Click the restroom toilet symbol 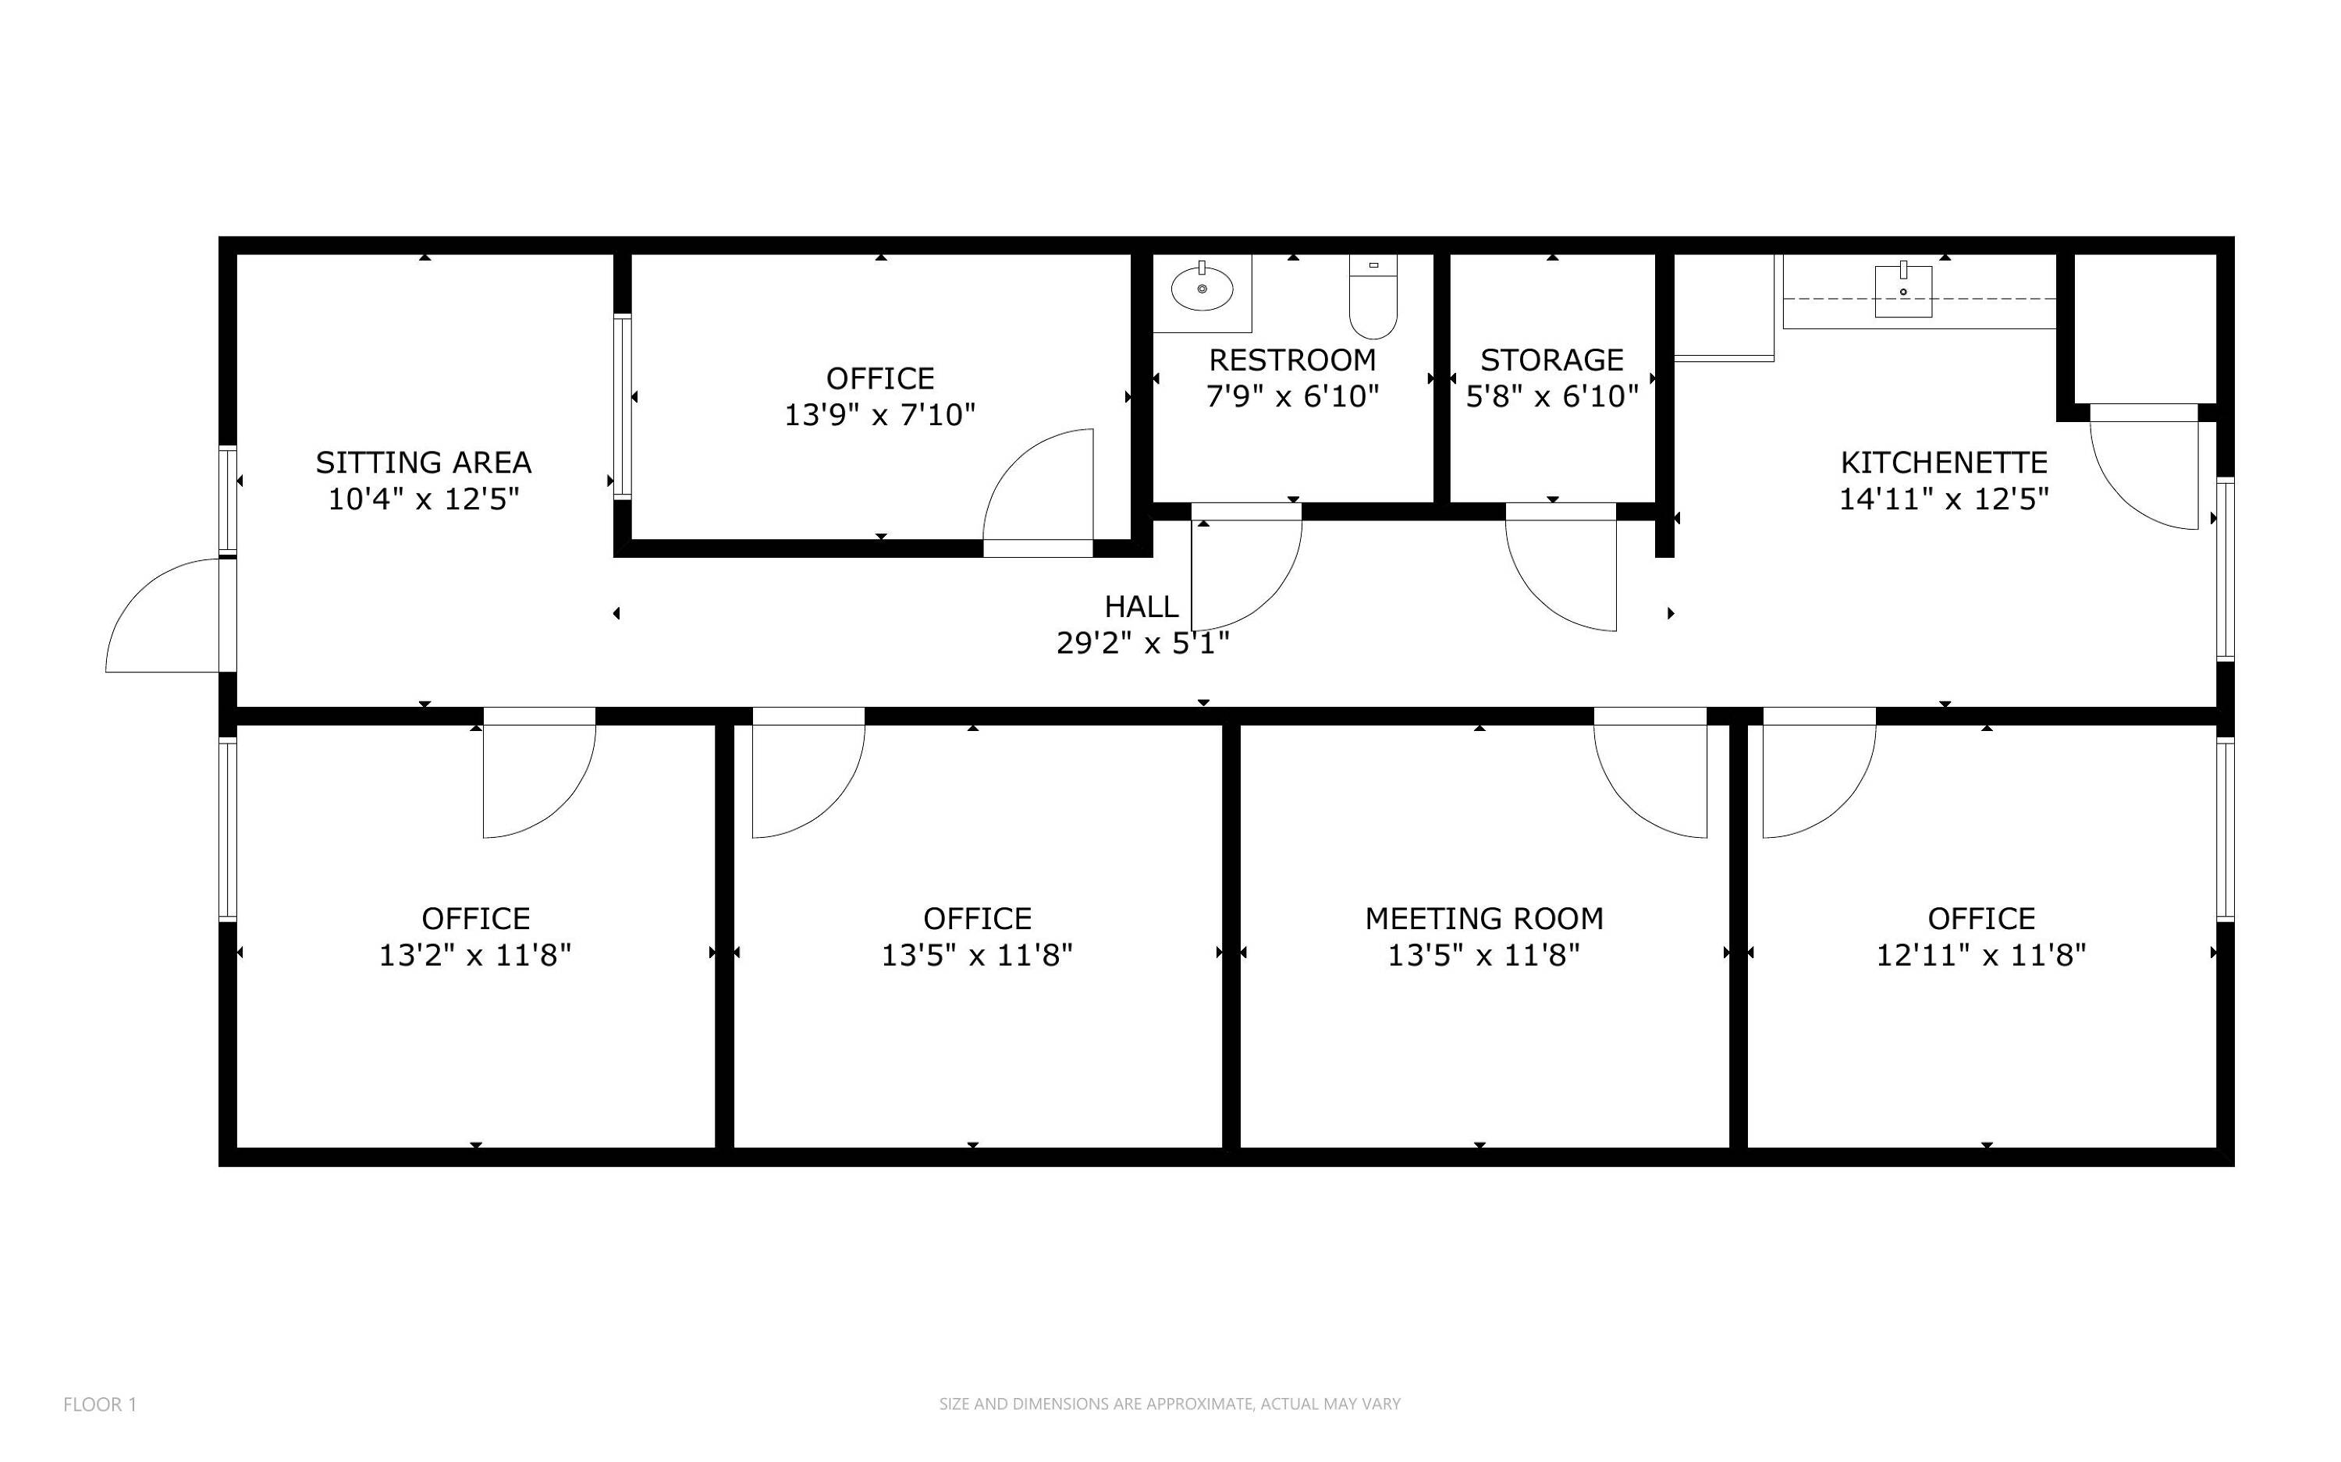(1373, 297)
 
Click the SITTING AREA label (424, 462)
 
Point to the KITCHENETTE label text (1944, 462)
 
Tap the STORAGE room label (1552, 360)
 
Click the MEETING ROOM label (1484, 918)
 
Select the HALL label (1141, 606)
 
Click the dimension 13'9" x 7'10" (880, 415)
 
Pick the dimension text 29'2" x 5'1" (1143, 643)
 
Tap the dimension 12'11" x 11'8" (1981, 956)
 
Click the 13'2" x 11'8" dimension (474, 956)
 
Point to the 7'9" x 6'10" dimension (1292, 396)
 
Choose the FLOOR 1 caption (100, 1404)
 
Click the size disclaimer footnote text (1169, 1404)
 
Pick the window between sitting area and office (623, 406)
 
